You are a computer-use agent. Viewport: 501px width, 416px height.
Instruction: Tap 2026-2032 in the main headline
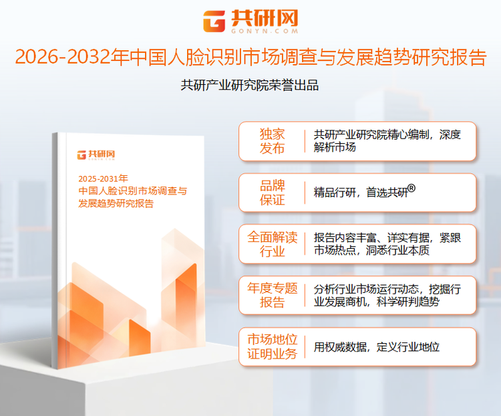click(x=63, y=58)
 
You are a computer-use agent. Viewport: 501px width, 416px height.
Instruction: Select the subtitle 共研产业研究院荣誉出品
click(x=250, y=86)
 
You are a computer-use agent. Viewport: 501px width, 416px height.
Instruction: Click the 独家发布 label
click(x=272, y=140)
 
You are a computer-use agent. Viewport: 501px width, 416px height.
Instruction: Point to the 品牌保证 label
click(x=272, y=193)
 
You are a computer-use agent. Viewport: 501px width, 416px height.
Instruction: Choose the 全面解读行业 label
click(x=272, y=244)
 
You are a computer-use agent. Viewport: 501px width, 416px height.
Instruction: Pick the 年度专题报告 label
click(x=272, y=296)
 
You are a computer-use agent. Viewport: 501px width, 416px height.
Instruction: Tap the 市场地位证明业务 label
click(x=272, y=346)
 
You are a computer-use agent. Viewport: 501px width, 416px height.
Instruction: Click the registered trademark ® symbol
click(x=411, y=189)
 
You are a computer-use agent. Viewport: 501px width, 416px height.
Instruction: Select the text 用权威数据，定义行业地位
click(x=377, y=347)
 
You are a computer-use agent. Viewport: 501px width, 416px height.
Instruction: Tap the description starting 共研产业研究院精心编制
click(x=387, y=140)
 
